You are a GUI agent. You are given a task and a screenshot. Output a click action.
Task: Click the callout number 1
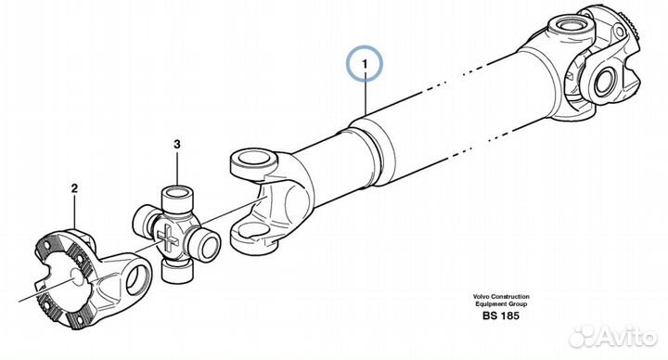[365, 64]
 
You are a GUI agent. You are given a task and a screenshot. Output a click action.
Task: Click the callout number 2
[74, 188]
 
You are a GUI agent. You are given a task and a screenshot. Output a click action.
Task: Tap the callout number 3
[177, 144]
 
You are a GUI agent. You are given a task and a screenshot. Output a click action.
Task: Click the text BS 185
[501, 315]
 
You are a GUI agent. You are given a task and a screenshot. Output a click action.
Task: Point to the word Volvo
[481, 297]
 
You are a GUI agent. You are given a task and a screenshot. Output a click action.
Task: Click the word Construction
[510, 297]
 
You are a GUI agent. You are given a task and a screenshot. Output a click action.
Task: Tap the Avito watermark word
[627, 337]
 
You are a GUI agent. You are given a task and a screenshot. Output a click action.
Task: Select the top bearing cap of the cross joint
[177, 196]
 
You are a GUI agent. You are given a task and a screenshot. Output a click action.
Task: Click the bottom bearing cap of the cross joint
[177, 270]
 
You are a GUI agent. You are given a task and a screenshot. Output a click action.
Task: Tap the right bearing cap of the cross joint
[206, 244]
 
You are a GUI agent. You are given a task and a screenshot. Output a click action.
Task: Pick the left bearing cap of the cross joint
[146, 219]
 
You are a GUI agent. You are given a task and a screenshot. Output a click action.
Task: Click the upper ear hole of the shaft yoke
[255, 158]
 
